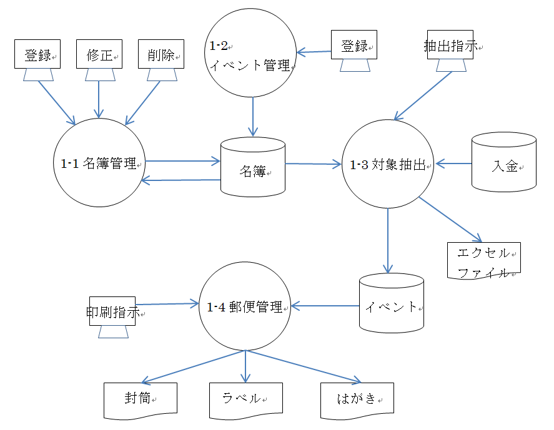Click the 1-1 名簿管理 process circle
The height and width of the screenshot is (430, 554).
[99, 164]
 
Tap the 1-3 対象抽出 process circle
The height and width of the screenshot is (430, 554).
[388, 165]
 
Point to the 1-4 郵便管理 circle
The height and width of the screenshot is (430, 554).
[245, 307]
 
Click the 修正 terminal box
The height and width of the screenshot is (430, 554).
[99, 54]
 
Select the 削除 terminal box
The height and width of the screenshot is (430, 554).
[161, 54]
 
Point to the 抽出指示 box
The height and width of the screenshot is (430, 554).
[450, 45]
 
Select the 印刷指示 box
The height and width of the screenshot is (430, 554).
[112, 311]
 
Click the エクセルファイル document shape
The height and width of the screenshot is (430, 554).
[484, 261]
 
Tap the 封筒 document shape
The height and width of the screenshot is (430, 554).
[141, 399]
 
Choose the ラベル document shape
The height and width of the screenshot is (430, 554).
[245, 399]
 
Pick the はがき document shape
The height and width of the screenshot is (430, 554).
[357, 399]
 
